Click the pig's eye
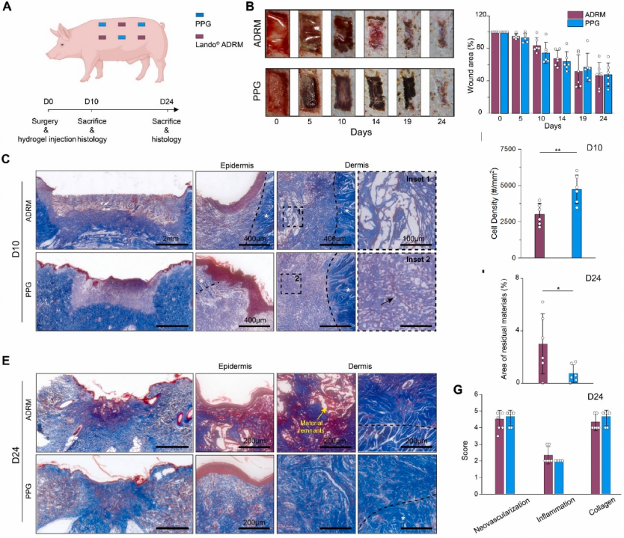click(64, 45)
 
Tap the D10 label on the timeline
click(92, 102)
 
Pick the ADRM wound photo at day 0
click(277, 31)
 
